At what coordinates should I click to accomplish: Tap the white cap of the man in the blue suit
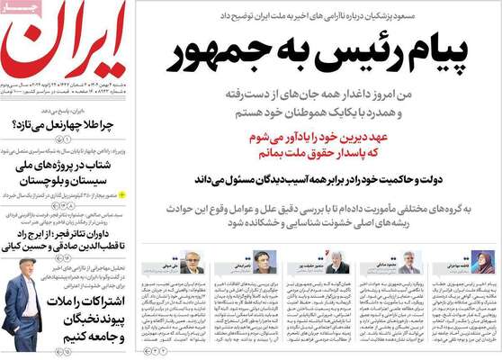24,265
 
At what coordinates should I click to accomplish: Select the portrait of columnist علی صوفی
193,262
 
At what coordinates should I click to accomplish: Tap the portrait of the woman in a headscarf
482,262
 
